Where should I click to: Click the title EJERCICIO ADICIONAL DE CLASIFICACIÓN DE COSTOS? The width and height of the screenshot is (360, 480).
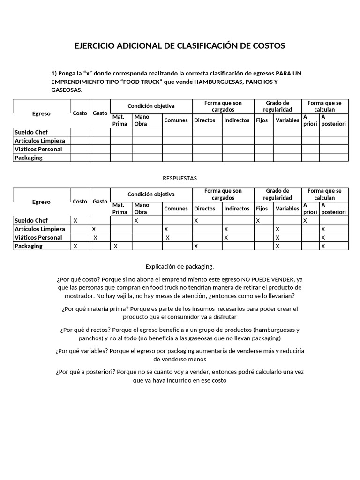180,46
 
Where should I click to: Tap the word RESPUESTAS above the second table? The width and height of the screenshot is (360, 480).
180,178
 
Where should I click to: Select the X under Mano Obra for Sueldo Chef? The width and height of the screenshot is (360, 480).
136,220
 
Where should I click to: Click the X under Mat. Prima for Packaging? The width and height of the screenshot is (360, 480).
116,246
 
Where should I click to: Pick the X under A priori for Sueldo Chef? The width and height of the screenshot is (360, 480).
305,220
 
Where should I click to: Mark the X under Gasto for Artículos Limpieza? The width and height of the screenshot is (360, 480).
94,229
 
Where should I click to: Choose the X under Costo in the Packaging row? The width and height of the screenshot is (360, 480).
75,246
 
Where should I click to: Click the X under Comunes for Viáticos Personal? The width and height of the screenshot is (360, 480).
167,238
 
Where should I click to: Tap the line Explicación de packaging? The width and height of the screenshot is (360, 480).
180,267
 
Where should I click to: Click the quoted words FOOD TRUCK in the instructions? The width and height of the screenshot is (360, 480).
143,82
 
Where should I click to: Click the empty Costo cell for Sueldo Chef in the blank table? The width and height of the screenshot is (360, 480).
80,132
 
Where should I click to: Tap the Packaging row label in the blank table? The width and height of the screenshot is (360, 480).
29,158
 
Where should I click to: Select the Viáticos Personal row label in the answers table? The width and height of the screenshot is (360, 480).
38,238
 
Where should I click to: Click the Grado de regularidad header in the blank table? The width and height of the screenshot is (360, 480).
277,106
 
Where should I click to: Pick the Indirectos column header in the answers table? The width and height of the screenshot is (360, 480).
237,209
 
